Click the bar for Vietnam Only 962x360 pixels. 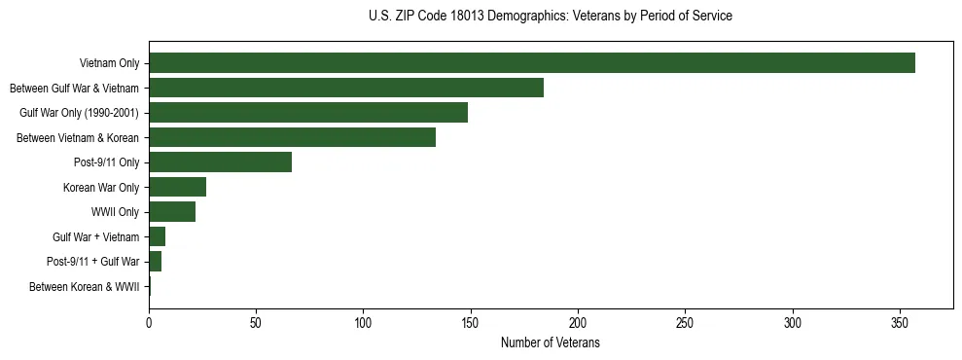pos(532,63)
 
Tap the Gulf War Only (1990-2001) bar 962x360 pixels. pos(308,113)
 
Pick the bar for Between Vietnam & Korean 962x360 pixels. pos(292,137)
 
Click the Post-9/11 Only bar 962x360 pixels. pos(220,162)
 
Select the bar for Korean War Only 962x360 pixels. pos(177,187)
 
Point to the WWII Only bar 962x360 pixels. pos(172,212)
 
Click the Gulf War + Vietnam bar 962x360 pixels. pos(157,236)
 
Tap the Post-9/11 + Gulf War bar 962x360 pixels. pos(155,262)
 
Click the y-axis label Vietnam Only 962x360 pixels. pos(109,64)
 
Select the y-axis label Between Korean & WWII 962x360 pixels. pos(84,287)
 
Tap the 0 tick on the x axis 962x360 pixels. pos(149,322)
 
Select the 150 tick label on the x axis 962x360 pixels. pos(471,322)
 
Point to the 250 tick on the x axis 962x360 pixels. pos(686,322)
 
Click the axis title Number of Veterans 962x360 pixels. pos(550,343)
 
